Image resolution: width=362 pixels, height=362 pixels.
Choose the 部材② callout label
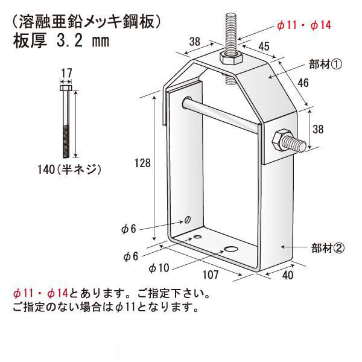pyautogui.click(x=328, y=247)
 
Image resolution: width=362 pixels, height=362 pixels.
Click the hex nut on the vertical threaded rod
pyautogui.click(x=230, y=59)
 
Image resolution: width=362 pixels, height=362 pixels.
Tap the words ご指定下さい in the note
pyautogui.click(x=177, y=295)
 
